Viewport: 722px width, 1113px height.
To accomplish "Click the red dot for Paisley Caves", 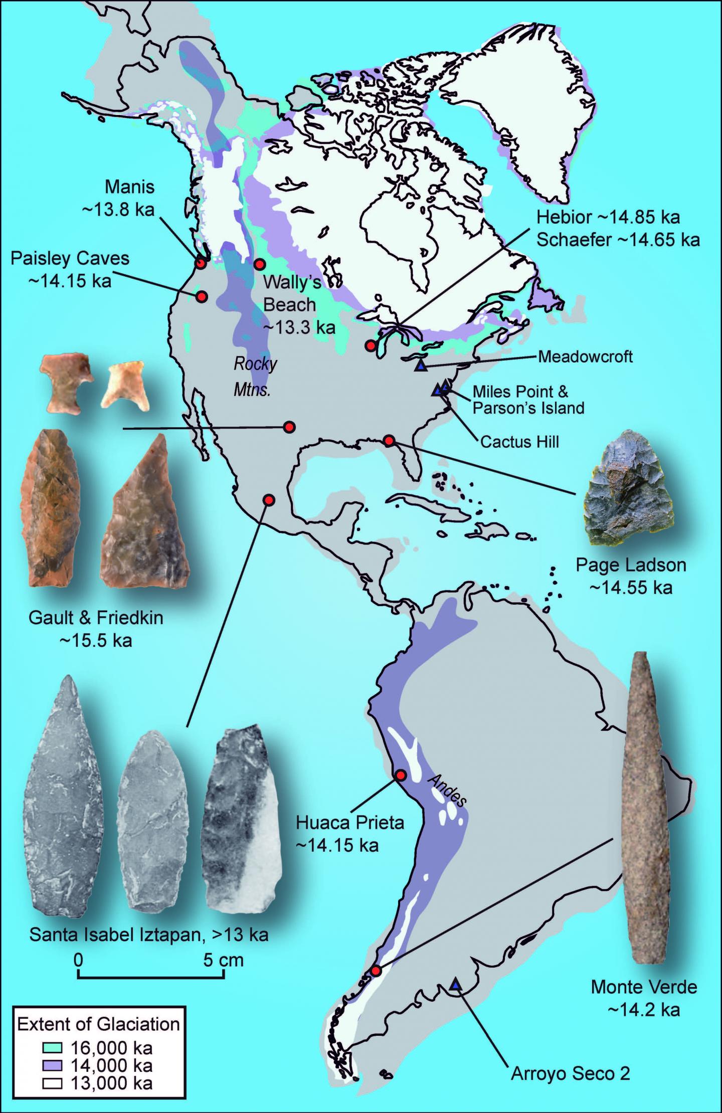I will tap(202, 296).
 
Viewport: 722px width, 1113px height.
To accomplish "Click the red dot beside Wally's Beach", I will tap(259, 264).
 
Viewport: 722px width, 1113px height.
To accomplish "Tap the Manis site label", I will tap(130, 188).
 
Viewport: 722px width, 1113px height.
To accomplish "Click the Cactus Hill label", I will tap(519, 442).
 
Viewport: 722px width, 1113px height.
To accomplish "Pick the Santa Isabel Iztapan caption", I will tap(149, 935).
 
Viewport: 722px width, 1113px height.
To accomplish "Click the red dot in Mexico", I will tap(269, 500).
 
